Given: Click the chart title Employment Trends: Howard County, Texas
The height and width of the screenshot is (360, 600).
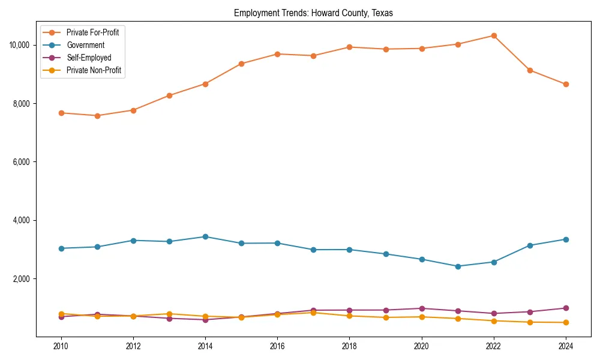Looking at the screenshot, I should (313, 13).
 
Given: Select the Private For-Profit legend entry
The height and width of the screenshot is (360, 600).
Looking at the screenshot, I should (92, 32).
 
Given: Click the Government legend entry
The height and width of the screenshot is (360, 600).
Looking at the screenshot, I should (85, 45).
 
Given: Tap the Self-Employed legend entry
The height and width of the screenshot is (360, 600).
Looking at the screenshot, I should (89, 58).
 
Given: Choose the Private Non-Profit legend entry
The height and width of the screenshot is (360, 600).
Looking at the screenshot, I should (94, 70).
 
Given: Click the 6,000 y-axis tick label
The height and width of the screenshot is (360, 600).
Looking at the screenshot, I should (22, 162).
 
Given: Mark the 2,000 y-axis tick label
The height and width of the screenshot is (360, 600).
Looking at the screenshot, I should (22, 279).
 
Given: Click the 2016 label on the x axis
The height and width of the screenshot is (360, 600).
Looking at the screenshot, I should (277, 346).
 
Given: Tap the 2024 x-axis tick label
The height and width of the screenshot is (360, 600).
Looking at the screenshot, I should (565, 346).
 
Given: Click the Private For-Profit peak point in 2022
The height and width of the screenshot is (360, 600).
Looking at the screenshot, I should (493, 35).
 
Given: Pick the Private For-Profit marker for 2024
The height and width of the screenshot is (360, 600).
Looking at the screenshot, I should (565, 84).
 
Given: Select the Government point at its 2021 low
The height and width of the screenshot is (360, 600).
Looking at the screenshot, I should (457, 266).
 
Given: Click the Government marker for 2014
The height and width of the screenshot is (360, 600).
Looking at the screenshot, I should (205, 236).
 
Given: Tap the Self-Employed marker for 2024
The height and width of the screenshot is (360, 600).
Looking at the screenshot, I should (565, 308).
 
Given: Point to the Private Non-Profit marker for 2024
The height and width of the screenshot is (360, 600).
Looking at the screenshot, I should (565, 323).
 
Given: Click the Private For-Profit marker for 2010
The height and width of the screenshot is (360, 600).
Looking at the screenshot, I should (61, 113).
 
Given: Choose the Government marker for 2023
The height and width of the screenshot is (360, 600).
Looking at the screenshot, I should (529, 245).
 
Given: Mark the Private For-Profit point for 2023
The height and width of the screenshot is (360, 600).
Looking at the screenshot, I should (529, 70).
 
